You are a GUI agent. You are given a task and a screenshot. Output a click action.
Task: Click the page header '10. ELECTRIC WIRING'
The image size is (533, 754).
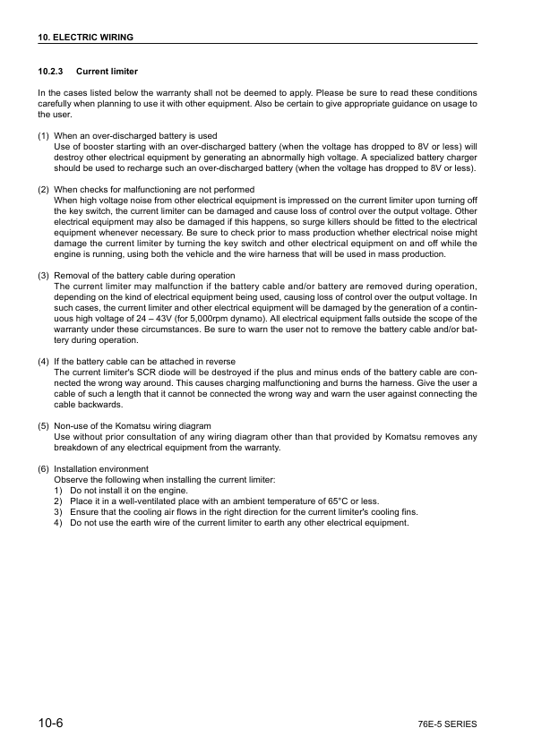tap(85, 38)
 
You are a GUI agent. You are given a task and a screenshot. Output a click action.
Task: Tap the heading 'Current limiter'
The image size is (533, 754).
tap(107, 71)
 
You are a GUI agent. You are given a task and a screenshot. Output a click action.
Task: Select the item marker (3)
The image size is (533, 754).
tap(43, 275)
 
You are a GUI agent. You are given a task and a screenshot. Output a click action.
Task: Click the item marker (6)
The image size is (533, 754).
tap(43, 468)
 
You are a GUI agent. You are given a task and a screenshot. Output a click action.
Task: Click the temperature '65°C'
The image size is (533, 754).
tap(332, 501)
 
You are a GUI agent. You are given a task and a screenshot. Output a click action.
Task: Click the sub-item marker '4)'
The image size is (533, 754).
tap(58, 522)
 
